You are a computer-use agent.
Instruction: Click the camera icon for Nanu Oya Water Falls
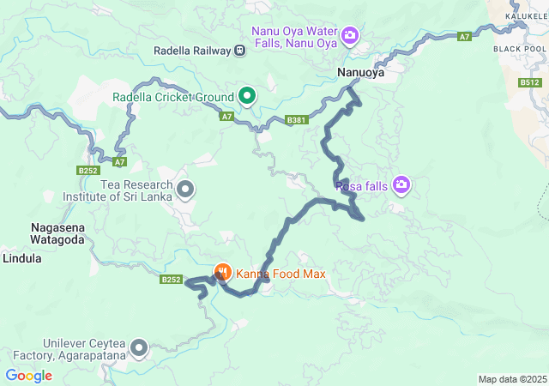point(350,35)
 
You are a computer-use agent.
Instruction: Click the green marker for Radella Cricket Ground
point(247,96)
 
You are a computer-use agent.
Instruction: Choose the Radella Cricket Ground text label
point(173,96)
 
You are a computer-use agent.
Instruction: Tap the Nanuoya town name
point(360,74)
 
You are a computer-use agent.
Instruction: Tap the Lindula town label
point(22,257)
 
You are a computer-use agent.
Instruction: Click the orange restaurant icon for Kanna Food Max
point(222,274)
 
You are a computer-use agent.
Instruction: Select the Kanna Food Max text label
point(276,274)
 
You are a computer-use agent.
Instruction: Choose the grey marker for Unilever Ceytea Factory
point(139,347)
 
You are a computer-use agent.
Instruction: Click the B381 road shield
point(297,120)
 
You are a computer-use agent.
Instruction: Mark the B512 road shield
point(529,82)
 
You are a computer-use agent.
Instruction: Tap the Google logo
point(29,375)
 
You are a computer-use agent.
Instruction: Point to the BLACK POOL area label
point(520,49)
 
